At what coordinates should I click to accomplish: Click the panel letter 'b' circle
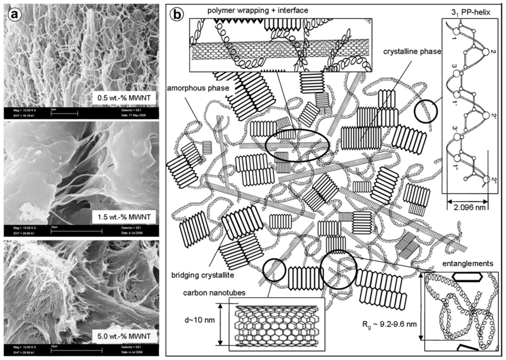coord(176,14)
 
